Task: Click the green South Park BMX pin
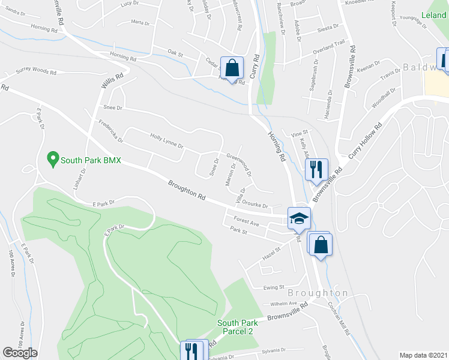(x=52, y=160)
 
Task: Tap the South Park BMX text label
(x=91, y=160)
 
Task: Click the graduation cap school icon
(x=298, y=219)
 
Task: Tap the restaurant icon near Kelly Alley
(x=315, y=169)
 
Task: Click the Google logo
(x=20, y=353)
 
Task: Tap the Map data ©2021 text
(x=423, y=355)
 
